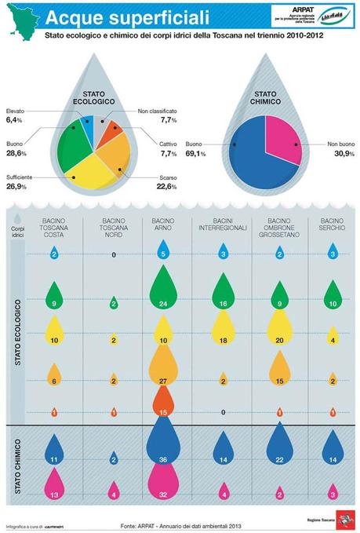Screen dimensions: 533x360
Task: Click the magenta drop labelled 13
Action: (x=54, y=491)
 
